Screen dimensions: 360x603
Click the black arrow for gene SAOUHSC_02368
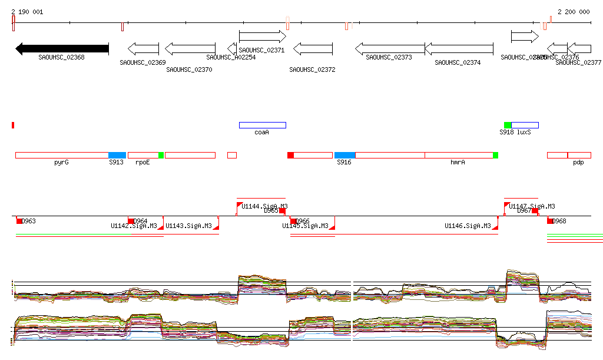pyautogui.click(x=62, y=49)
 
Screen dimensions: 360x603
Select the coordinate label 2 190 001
pyautogui.click(x=26, y=12)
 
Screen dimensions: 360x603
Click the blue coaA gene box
pyautogui.click(x=262, y=125)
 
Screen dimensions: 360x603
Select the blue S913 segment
pyautogui.click(x=117, y=155)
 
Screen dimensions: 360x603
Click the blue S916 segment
pyautogui.click(x=344, y=155)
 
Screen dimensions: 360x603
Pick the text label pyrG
pyautogui.click(x=61, y=162)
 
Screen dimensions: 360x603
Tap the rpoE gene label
pyautogui.click(x=143, y=162)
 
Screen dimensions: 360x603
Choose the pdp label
pyautogui.click(x=578, y=162)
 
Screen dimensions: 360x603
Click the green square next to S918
pyautogui.click(x=508, y=125)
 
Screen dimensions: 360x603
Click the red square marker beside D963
pyautogui.click(x=19, y=221)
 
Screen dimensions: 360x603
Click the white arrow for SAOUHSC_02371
pyautogui.click(x=262, y=37)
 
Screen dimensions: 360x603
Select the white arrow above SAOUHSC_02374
pyautogui.click(x=459, y=49)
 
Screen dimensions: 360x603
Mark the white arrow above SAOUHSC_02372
pyautogui.click(x=313, y=49)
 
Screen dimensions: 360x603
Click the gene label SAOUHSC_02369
pyautogui.click(x=143, y=62)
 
